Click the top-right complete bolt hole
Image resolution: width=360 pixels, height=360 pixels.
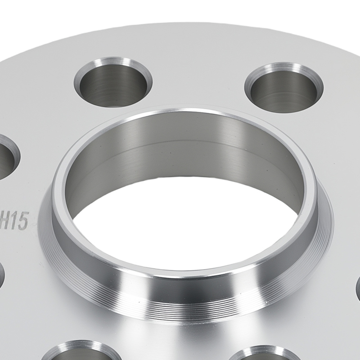click(x=284, y=88)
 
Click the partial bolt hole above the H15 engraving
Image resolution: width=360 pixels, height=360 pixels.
click(x=5, y=158)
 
